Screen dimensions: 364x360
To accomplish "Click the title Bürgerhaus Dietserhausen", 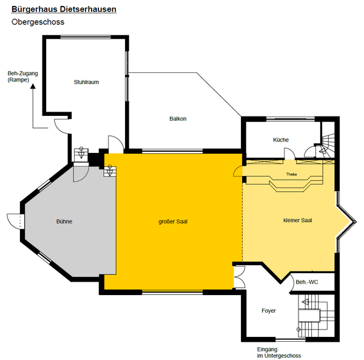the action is pyautogui.click(x=64, y=9).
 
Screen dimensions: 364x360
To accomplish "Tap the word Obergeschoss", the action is pyautogui.click(x=38, y=22).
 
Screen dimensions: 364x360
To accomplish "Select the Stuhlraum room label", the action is pyautogui.click(x=86, y=82).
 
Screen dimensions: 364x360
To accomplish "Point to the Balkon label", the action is pyautogui.click(x=178, y=118).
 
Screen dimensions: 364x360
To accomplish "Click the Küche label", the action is pyautogui.click(x=281, y=140).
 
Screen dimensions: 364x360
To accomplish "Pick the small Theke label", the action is pyautogui.click(x=291, y=174).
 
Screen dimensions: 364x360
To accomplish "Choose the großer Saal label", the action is pyautogui.click(x=173, y=222).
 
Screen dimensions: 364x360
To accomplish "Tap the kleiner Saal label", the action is pyautogui.click(x=298, y=220).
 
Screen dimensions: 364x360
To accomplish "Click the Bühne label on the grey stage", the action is pyautogui.click(x=64, y=222).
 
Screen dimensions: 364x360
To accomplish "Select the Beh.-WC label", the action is pyautogui.click(x=307, y=282).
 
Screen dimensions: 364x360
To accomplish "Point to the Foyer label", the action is pyautogui.click(x=269, y=311).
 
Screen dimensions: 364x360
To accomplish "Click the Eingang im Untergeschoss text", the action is pyautogui.click(x=279, y=353).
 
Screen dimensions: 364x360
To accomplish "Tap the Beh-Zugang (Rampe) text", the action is pyautogui.click(x=22, y=76).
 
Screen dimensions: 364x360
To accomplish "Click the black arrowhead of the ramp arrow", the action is pyautogui.click(x=33, y=86).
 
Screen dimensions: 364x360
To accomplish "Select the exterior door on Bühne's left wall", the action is pyautogui.click(x=16, y=222).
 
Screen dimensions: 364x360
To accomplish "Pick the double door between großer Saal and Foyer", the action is pyautogui.click(x=239, y=277).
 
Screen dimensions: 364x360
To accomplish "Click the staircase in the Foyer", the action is pyautogui.click(x=316, y=316).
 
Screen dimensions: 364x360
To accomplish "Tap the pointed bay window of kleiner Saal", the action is pyautogui.click(x=346, y=222).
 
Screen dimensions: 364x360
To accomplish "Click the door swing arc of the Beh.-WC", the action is pyautogui.click(x=290, y=282).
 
